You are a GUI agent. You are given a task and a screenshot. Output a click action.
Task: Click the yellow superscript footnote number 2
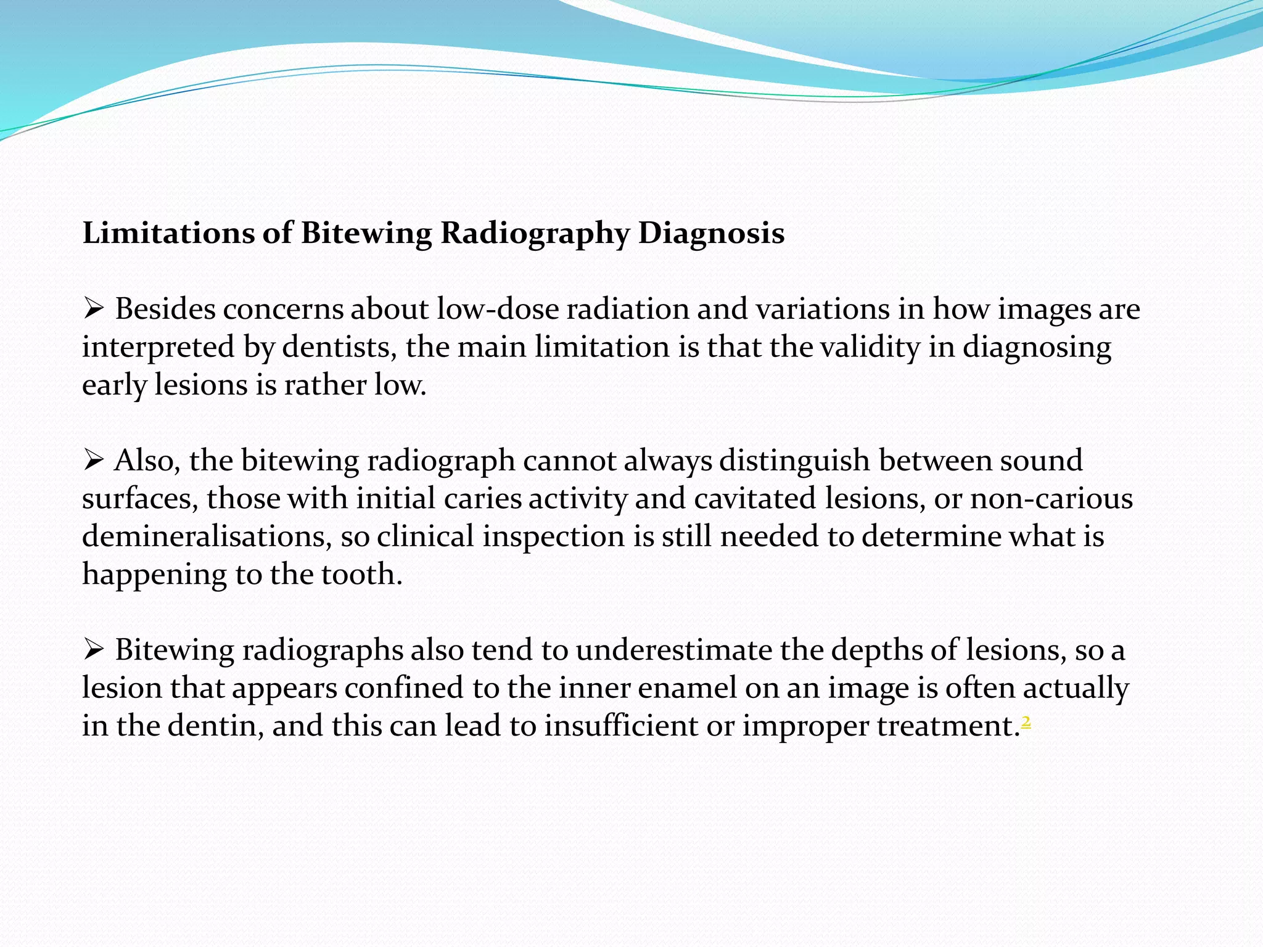[1026, 720]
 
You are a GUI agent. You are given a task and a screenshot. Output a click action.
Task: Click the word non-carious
[1051, 499]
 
